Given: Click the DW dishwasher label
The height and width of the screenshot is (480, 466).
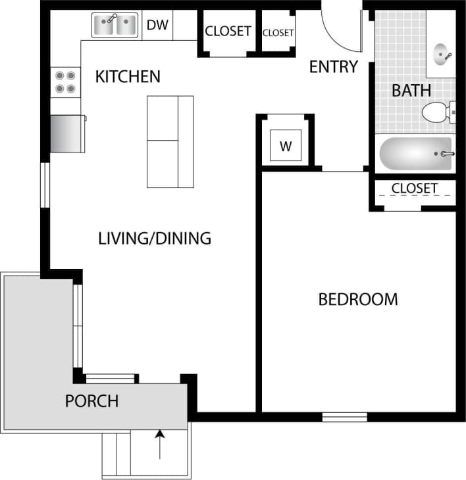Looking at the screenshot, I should (157, 26).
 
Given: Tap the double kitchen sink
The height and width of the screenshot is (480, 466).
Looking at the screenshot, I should (115, 26).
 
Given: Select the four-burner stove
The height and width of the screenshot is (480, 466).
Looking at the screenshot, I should (65, 82).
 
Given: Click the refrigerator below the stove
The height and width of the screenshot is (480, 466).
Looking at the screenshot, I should (67, 133).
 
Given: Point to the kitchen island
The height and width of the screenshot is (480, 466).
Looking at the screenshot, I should (170, 141).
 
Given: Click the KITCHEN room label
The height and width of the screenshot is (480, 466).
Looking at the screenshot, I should (128, 77).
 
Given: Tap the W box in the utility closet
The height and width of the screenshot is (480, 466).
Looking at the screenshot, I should (286, 146).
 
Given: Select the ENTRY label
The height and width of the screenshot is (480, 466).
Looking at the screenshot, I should (333, 67).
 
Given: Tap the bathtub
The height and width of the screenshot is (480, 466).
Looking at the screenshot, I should (415, 154).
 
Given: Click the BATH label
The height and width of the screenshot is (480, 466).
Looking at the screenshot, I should (411, 90).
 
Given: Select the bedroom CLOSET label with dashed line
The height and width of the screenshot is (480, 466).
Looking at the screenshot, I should (414, 189).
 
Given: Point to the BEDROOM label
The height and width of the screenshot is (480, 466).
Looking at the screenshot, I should (358, 300).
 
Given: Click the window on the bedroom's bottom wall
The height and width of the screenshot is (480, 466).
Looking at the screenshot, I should (344, 417).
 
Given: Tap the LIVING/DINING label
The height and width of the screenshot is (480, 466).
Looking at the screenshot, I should (155, 238).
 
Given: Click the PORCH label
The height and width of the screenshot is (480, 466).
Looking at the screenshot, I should (91, 400).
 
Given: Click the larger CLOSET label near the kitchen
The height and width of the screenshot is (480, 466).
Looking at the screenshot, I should (228, 31).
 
